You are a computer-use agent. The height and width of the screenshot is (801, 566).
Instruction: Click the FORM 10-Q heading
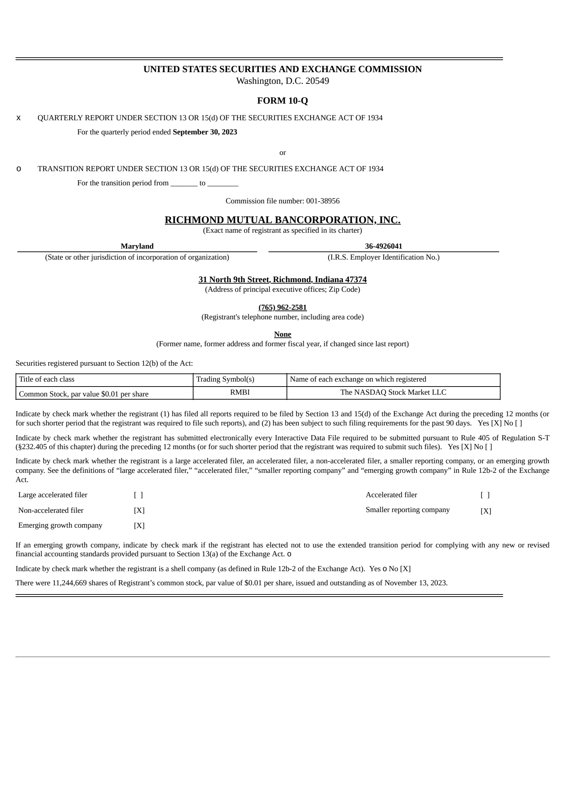(x=282, y=101)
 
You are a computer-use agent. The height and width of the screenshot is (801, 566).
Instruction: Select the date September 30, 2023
(x=205, y=132)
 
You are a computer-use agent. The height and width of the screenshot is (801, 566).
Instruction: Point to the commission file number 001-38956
(x=323, y=201)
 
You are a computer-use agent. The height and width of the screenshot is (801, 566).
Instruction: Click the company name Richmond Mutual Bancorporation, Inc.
(x=282, y=220)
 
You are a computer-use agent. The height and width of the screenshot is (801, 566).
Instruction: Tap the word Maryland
(x=137, y=246)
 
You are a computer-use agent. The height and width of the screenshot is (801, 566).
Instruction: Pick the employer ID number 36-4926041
(x=383, y=246)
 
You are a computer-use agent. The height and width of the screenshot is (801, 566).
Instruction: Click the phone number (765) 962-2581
(x=282, y=307)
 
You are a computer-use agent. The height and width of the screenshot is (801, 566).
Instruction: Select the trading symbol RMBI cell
(x=240, y=392)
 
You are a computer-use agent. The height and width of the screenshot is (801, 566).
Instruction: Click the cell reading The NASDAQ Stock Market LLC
(x=393, y=392)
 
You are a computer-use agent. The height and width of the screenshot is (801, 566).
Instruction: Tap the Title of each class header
(x=47, y=379)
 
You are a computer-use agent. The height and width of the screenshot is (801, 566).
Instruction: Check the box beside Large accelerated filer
(x=138, y=495)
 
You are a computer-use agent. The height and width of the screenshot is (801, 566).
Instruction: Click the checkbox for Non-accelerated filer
(x=139, y=511)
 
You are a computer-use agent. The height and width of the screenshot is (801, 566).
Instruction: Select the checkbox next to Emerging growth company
(x=139, y=526)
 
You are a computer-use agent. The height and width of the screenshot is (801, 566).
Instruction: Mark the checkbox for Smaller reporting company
(x=486, y=511)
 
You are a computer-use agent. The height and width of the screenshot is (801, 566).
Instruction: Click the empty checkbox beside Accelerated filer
(x=485, y=495)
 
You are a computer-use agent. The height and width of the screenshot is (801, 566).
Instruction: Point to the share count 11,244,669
(x=69, y=583)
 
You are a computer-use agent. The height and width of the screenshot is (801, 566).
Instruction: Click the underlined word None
(x=282, y=335)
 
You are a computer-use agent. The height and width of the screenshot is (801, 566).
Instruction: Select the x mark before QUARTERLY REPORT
(x=19, y=118)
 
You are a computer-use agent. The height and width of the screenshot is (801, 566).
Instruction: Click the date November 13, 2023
(x=416, y=583)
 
